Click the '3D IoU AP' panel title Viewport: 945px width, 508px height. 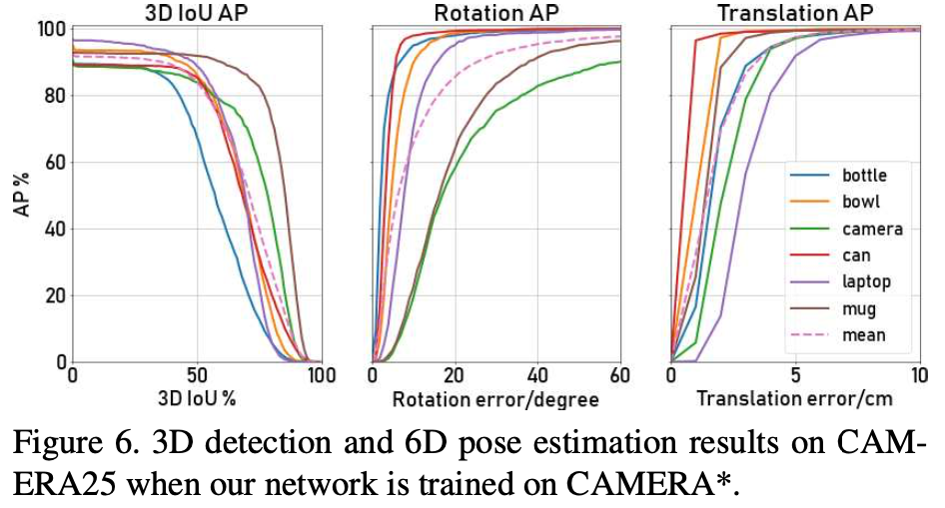pyautogui.click(x=196, y=13)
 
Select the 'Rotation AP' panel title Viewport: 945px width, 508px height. pyautogui.click(x=495, y=13)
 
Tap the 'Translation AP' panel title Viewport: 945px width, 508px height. pyautogui.click(x=795, y=13)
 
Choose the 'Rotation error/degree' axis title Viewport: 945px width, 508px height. pyautogui.click(x=495, y=399)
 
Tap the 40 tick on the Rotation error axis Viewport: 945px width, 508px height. pyautogui.click(x=538, y=376)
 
